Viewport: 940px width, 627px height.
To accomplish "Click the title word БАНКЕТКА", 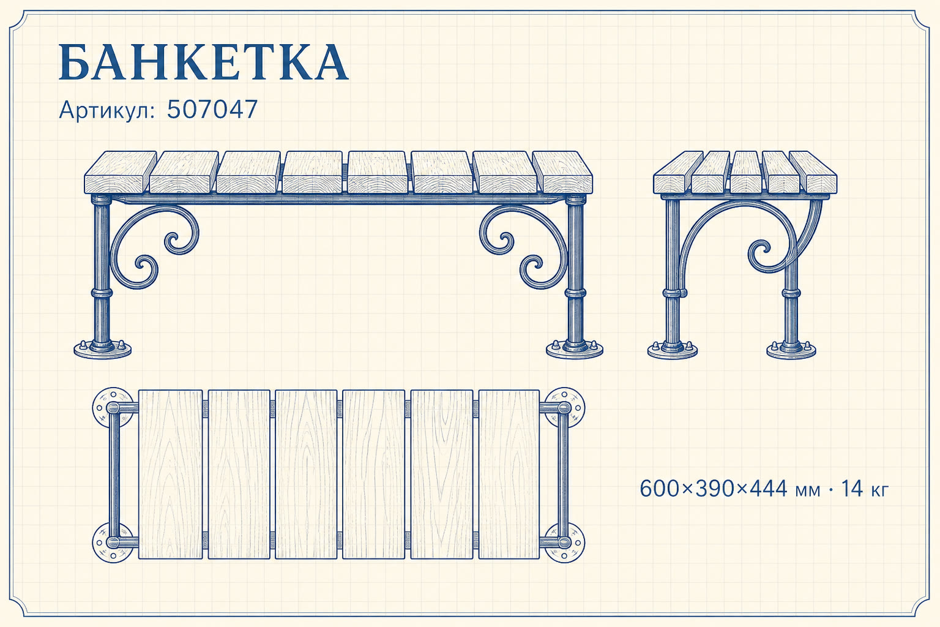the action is [204, 62].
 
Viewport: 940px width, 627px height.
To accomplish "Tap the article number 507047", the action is [212, 110].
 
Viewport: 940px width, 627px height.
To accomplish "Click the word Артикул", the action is [108, 110].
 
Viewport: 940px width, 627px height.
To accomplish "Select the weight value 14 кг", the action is [865, 489].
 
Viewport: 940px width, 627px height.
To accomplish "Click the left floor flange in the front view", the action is [102, 348].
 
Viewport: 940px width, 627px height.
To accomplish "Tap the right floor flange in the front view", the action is [575, 348].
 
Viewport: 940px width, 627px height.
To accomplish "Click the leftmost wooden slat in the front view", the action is [120, 172].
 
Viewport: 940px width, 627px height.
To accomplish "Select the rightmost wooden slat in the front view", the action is [563, 172].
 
